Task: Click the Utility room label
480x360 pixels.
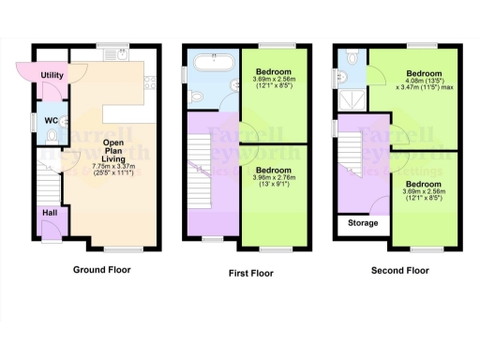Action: click(51, 74)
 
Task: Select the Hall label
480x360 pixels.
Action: click(49, 213)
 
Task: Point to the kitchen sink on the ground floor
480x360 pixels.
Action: click(122, 55)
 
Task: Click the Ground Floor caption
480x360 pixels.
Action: click(102, 270)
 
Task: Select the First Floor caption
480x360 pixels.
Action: click(251, 273)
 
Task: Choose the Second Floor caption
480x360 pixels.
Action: click(398, 270)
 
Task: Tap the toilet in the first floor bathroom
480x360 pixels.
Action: click(195, 96)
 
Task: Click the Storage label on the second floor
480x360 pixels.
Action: click(363, 223)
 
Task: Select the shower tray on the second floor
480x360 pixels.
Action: click(352, 98)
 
